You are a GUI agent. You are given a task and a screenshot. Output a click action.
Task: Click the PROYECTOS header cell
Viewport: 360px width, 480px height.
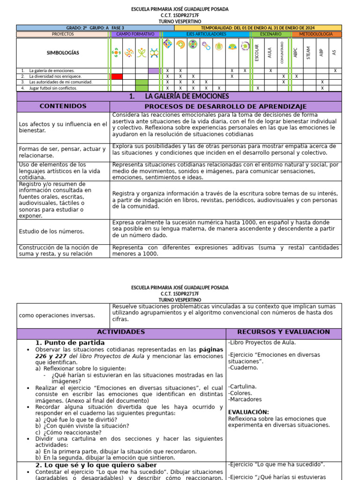pos(63,34)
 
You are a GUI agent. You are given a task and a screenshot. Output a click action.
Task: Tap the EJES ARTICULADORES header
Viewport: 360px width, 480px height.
pos(206,34)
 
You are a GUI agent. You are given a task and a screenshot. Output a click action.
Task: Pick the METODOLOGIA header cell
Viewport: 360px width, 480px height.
pos(317,34)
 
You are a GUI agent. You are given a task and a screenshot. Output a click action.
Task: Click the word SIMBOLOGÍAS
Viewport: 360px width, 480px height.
pos(63,53)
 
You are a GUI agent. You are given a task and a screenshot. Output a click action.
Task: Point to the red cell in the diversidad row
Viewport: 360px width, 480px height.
pos(117,76)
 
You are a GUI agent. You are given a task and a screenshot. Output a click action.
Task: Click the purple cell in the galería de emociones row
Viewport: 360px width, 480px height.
pos(154,71)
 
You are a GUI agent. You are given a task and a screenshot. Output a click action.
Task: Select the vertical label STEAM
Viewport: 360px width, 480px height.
pos(308,52)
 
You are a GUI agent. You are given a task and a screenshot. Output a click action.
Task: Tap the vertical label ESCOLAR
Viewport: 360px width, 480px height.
pos(257,52)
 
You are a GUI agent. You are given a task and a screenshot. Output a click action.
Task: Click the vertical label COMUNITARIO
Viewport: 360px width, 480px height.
pos(283,52)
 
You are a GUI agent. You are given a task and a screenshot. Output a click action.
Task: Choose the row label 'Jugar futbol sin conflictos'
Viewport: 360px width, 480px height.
pos(53,88)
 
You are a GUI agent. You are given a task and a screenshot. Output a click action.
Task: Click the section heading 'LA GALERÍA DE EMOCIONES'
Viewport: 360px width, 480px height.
pos(179,97)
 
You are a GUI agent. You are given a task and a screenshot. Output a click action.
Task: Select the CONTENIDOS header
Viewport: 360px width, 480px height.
pos(63,106)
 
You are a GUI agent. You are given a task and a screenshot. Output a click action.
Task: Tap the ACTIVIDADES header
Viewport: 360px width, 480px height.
pos(121,332)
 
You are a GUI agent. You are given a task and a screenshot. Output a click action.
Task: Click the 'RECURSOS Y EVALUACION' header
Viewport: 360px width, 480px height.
pos(283,332)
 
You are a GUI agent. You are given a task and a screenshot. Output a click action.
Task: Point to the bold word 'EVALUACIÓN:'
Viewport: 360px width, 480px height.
pos(248,412)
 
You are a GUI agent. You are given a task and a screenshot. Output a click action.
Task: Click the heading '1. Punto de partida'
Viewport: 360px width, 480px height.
pos(70,343)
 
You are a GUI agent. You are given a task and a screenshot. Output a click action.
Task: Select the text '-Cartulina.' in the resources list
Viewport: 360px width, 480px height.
pos(242,386)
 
